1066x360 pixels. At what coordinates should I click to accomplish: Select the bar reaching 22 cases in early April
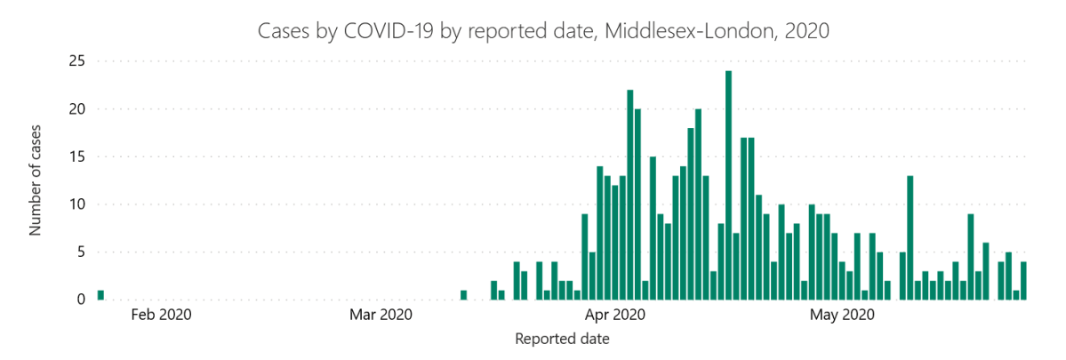(629, 195)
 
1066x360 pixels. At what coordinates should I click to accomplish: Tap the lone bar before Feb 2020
(100, 295)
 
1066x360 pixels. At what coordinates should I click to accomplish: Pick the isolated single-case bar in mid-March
(463, 295)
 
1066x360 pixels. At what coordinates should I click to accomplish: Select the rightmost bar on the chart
(1023, 280)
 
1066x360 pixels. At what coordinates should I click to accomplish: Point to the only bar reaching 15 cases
(653, 228)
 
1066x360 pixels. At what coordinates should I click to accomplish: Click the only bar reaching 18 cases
(690, 213)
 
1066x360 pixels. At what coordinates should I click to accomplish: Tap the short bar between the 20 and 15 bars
(645, 290)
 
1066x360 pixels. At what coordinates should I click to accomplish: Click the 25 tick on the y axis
(76, 61)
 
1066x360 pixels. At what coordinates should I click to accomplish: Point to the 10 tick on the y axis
(76, 204)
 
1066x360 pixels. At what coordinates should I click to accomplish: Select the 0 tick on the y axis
(81, 300)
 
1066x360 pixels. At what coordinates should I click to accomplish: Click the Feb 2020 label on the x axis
(161, 314)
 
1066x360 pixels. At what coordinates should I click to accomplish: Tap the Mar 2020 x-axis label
(381, 314)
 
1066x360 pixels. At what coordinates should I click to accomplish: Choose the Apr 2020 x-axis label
(615, 314)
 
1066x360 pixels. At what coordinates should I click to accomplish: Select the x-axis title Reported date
(562, 339)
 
